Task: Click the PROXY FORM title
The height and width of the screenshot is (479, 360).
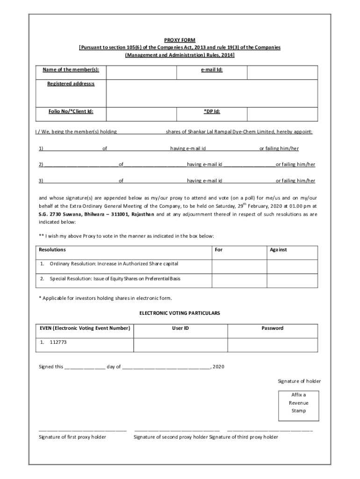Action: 180,40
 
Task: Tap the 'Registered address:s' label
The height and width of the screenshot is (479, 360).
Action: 71,84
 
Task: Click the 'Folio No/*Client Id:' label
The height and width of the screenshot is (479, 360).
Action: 71,112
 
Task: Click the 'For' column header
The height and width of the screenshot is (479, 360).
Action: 218,250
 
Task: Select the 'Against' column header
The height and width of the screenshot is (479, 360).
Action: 278,250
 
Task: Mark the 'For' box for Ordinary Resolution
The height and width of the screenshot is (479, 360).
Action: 239,265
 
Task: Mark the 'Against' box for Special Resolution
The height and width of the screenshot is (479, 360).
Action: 292,280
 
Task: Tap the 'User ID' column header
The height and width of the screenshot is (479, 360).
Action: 180,328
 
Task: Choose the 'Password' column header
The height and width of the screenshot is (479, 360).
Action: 272,328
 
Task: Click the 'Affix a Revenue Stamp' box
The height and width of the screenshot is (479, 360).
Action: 298,403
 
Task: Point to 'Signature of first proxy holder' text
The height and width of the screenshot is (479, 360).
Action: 72,437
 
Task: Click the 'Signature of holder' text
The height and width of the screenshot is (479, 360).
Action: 299,381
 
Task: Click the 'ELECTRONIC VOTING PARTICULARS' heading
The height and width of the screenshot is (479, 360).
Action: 180,312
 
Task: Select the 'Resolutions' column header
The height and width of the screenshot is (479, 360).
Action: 52,250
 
